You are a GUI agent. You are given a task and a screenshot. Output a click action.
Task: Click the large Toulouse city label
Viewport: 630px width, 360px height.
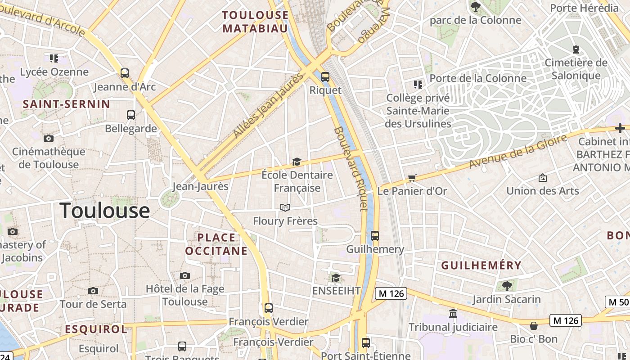click(104, 211)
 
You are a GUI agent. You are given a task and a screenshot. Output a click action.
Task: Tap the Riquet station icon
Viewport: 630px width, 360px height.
click(325, 77)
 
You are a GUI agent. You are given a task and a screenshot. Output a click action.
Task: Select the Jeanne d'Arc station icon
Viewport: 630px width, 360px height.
click(125, 73)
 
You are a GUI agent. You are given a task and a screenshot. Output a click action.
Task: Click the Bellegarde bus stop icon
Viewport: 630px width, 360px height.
click(131, 115)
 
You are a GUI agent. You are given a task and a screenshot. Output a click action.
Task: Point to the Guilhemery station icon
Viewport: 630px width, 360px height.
click(374, 235)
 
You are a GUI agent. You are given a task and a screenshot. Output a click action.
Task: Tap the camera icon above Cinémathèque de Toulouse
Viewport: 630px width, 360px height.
click(48, 138)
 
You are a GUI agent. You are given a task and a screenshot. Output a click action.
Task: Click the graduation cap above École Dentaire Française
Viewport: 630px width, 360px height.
click(297, 162)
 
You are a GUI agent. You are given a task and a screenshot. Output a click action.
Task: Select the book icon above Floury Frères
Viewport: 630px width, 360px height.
click(285, 207)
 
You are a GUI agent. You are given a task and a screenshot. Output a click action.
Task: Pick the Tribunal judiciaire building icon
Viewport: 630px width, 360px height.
click(453, 313)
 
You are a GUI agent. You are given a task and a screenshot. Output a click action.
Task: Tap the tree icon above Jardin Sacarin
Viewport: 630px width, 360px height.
click(507, 285)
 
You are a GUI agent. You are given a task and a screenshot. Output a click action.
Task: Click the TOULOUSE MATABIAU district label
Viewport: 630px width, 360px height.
click(255, 22)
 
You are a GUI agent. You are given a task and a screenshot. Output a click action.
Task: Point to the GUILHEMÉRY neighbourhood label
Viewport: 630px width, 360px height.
click(481, 265)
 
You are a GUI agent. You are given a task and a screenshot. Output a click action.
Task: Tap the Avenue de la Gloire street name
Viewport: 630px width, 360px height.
click(517, 151)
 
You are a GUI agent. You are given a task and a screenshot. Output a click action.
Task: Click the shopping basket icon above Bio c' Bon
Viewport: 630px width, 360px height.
click(534, 325)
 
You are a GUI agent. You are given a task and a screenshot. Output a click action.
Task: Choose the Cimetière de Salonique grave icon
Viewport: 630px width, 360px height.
click(576, 49)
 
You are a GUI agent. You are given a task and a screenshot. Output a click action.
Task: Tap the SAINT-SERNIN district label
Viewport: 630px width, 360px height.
click(67, 104)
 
